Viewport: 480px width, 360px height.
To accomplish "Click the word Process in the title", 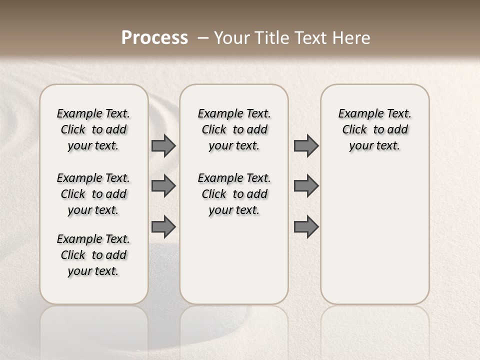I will (x=154, y=38).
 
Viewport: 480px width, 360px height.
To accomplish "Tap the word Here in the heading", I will (x=352, y=38).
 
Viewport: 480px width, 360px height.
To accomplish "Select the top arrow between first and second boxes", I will (x=163, y=145).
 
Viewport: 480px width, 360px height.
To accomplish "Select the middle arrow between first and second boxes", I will (x=163, y=186).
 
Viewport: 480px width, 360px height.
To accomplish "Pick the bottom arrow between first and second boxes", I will (x=163, y=226).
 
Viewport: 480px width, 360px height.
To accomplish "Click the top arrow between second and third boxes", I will (x=306, y=145).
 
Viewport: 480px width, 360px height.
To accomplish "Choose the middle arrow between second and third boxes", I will (x=306, y=186).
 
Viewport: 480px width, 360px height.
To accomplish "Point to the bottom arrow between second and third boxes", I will (x=306, y=226).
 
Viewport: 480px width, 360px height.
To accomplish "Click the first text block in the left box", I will (x=93, y=129).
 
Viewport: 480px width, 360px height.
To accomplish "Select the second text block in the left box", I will (x=93, y=194).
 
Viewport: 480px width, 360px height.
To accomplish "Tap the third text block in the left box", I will (x=93, y=255).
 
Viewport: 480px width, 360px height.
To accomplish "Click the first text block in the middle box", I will (x=234, y=129).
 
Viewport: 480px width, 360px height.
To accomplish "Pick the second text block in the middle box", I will (x=234, y=194).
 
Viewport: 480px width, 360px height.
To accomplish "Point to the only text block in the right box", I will (x=374, y=129).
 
